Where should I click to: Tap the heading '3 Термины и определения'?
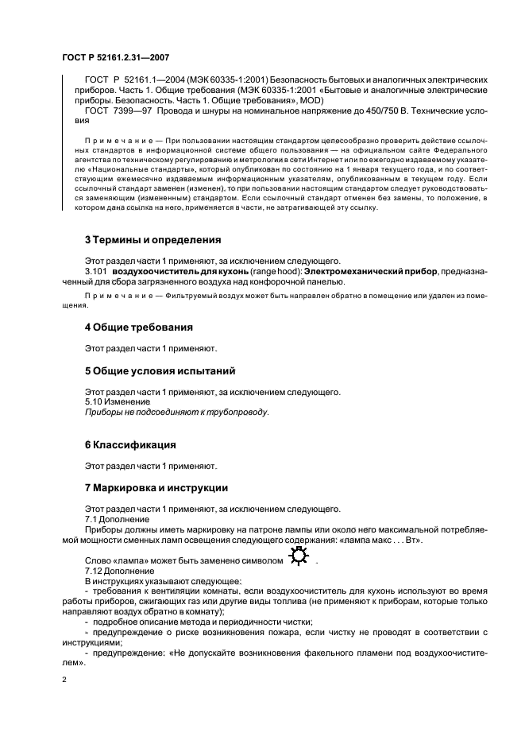point(152,240)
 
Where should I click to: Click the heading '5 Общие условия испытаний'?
point(160,371)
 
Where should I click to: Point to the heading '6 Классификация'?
point(130,444)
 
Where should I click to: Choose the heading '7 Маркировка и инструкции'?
point(156,488)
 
